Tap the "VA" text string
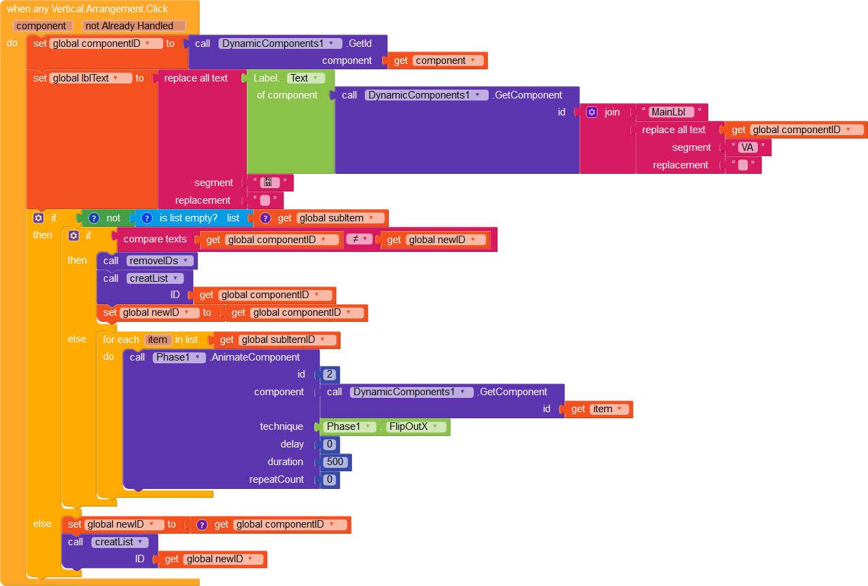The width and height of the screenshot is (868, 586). click(x=747, y=147)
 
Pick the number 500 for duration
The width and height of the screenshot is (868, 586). click(x=335, y=462)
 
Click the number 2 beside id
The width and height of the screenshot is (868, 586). click(x=330, y=374)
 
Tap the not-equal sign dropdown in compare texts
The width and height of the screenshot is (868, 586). click(x=359, y=239)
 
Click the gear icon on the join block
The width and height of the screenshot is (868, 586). click(x=592, y=112)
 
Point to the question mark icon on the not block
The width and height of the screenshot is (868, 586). click(x=94, y=218)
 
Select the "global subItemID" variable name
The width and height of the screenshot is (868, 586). click(x=278, y=340)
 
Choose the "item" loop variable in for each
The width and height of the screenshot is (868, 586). click(x=157, y=340)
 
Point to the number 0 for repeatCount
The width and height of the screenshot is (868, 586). click(x=330, y=479)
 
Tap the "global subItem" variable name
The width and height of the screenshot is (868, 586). click(x=331, y=218)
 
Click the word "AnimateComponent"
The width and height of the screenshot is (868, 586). click(x=255, y=357)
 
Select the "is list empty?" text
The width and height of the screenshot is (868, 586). click(x=188, y=218)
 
